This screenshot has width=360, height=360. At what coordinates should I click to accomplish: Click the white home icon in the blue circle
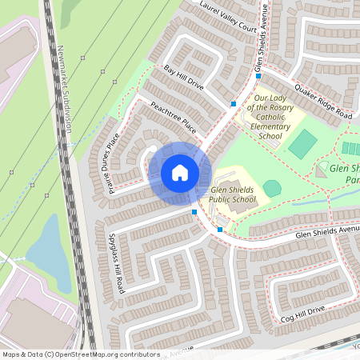click(179, 172)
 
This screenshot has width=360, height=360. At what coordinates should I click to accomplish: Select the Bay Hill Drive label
click(184, 79)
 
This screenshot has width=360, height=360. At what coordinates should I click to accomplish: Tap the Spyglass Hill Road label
click(115, 262)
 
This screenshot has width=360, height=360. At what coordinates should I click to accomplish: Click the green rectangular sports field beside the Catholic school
click(303, 144)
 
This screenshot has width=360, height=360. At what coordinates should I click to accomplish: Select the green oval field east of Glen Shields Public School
click(272, 188)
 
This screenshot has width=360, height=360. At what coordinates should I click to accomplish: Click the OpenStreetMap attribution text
click(81, 354)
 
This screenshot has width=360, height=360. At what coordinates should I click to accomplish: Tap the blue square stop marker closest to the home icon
click(194, 211)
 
